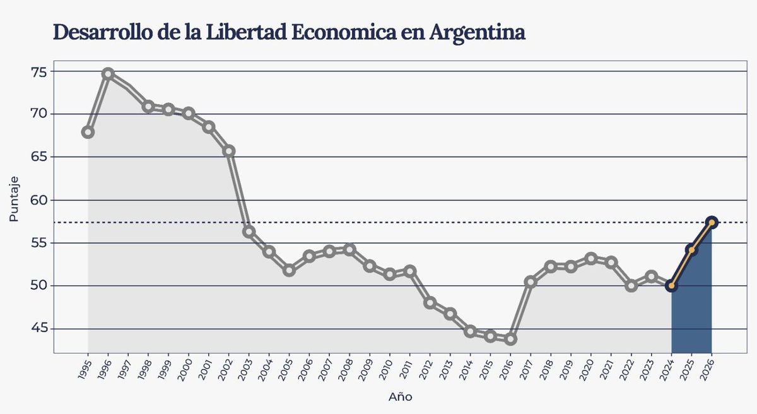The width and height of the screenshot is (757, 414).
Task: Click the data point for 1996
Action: pos(108,74)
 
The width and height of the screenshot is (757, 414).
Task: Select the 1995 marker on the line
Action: pos(88,132)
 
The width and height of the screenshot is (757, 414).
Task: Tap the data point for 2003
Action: pos(249,232)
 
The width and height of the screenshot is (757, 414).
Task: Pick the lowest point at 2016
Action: pos(510,339)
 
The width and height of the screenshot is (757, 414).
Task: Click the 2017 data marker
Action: pos(531,282)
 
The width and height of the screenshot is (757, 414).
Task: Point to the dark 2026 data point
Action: pos(712,222)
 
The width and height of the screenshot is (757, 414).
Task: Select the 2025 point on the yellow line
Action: pos(691,250)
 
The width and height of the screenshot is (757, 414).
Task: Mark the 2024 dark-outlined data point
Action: pos(671,286)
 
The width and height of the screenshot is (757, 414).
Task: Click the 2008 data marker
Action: pos(349,249)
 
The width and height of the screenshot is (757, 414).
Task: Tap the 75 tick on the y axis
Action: pos(39,71)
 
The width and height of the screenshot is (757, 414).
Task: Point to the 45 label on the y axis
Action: pos(39,329)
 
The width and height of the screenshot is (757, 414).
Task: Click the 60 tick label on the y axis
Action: pos(39,200)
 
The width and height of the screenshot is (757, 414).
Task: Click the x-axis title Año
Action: pos(400,397)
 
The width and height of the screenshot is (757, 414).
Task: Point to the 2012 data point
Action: pos(430,303)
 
